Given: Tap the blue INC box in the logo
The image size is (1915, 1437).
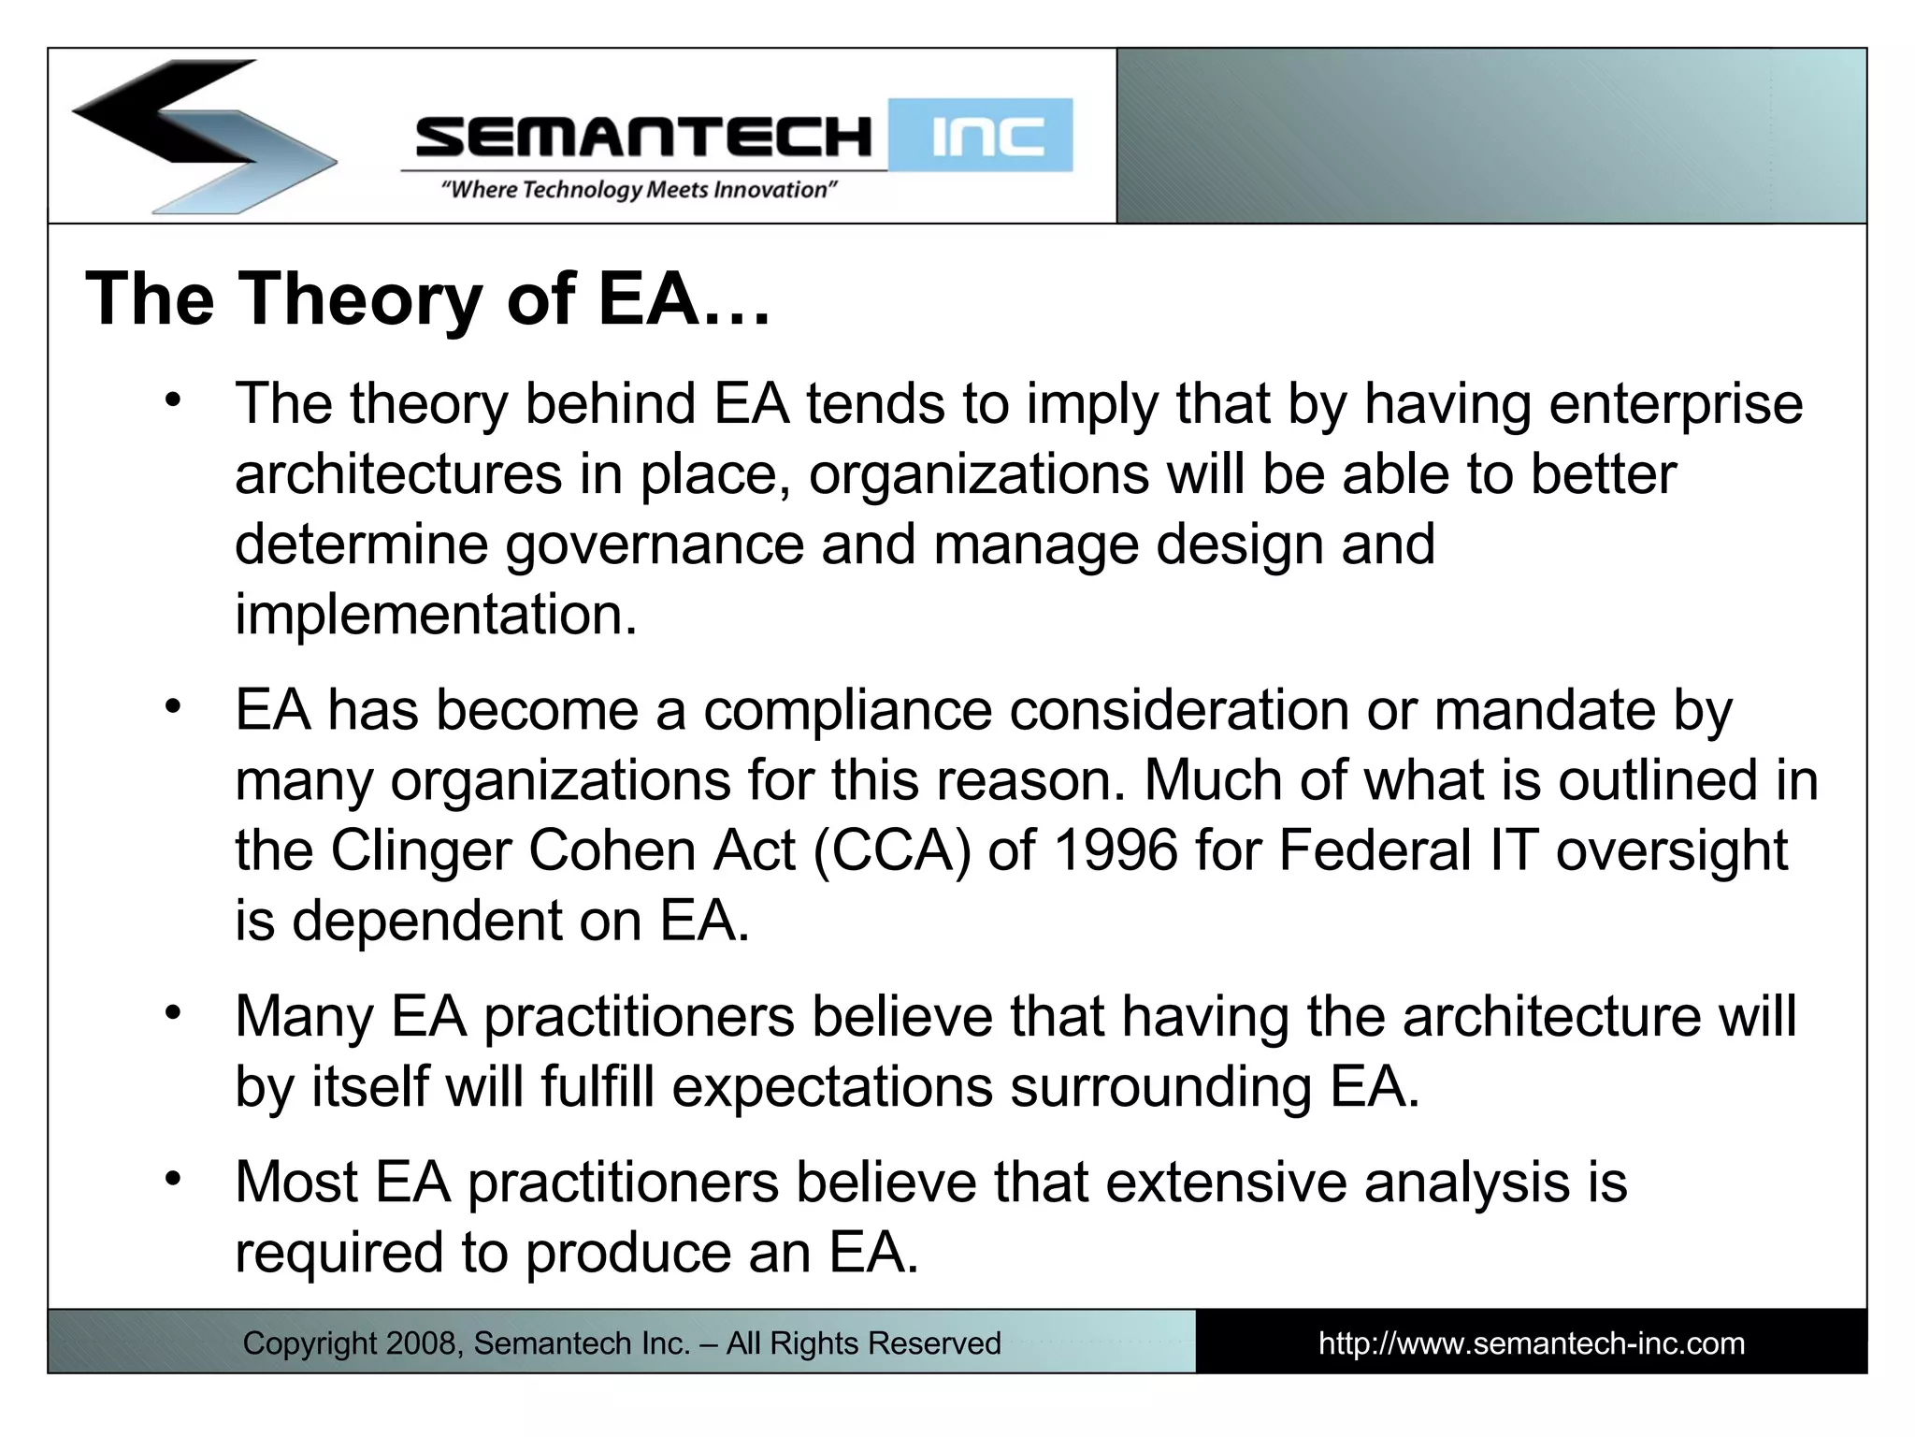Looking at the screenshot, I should (x=980, y=137).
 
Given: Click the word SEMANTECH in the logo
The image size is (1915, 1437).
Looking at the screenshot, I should (x=643, y=137).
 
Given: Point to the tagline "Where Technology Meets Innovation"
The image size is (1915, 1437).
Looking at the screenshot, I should (x=639, y=190).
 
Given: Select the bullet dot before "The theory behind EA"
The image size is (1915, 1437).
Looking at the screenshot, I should (x=172, y=401).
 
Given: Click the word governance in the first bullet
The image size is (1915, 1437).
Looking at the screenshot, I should (x=655, y=544).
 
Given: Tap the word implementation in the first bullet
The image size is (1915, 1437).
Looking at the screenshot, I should (x=435, y=615).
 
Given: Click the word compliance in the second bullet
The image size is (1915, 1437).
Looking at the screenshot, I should (x=847, y=710).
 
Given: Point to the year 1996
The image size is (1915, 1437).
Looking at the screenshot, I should (x=1115, y=850).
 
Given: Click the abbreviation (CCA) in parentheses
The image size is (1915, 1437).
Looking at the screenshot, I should (x=893, y=850).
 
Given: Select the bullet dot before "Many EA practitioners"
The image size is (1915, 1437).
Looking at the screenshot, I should (x=172, y=1013).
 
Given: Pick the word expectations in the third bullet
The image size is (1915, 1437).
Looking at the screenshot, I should (x=832, y=1087).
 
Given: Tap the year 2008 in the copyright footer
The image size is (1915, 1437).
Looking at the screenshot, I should (x=421, y=1343).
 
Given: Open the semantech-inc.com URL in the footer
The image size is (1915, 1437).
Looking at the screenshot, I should (x=1531, y=1343).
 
